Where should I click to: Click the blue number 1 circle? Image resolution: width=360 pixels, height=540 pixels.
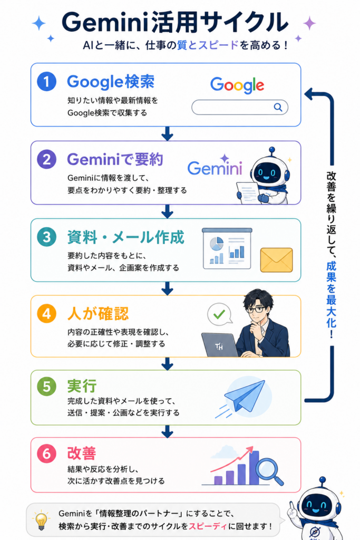[47, 82]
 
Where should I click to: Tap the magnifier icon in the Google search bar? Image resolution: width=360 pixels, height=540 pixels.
[278, 108]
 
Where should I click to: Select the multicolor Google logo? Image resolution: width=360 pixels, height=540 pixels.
[237, 85]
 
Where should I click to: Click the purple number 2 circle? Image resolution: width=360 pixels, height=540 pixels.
[47, 159]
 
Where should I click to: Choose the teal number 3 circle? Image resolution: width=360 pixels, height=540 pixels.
[47, 237]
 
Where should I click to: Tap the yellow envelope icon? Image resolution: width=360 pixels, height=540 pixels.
[276, 260]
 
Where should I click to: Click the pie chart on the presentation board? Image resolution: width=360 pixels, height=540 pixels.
[217, 244]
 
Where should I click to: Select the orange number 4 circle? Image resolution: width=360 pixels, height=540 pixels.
[47, 314]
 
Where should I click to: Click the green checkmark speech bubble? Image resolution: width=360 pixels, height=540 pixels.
[220, 314]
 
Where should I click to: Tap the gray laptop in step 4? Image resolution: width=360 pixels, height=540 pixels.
[219, 345]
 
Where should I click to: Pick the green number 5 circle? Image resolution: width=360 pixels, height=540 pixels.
[47, 386]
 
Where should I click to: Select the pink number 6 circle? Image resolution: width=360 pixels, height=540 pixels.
[47, 454]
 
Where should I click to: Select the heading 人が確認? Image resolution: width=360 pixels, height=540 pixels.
[98, 314]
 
